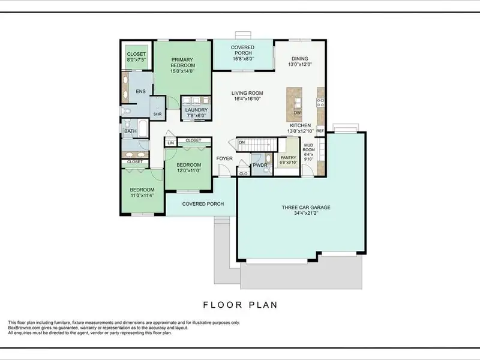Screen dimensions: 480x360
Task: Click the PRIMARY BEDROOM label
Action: [183, 62]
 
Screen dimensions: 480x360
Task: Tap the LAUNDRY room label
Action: [196, 110]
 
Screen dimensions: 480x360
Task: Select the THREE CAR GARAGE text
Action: [306, 208]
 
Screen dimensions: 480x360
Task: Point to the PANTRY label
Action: [289, 158]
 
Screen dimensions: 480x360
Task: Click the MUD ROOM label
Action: [308, 148]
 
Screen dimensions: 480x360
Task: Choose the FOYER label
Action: [224, 158]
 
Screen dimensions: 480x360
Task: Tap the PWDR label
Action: [260, 166]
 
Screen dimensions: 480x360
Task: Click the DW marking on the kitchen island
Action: [297, 113]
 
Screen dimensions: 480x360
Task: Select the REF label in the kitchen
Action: [320, 131]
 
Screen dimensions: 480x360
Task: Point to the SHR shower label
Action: [157, 114]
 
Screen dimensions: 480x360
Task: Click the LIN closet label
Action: [171, 143]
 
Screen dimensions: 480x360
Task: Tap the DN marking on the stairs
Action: [242, 142]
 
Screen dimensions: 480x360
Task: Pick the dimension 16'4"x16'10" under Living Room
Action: [247, 99]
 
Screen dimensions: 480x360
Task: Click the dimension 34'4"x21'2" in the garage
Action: [306, 213]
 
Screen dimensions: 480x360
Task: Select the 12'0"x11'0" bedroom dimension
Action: [189, 170]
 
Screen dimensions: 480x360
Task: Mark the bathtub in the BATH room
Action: [143, 127]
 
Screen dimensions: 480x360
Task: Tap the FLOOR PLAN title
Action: [241, 305]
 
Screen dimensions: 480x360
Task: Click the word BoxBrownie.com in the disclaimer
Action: [22, 328]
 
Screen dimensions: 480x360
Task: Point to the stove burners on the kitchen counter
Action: [320, 103]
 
